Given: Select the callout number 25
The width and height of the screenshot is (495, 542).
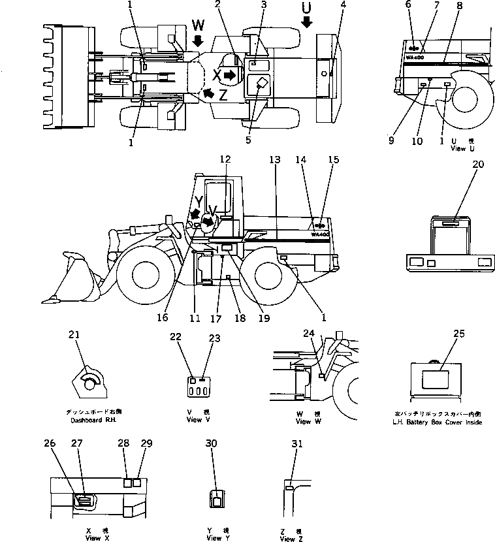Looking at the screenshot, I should [460, 334].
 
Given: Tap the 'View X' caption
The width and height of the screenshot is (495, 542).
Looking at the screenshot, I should [93, 538].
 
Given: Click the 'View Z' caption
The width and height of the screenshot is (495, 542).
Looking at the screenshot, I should [291, 538].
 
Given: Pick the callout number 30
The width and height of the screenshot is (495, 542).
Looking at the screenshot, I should [211, 443].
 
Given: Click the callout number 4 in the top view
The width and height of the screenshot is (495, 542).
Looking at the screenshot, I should [343, 6].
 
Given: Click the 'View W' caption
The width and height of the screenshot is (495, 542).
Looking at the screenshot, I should [302, 421].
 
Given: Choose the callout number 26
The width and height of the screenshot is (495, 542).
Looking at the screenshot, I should [50, 443].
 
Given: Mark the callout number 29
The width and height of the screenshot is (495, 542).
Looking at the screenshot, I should [146, 443].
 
